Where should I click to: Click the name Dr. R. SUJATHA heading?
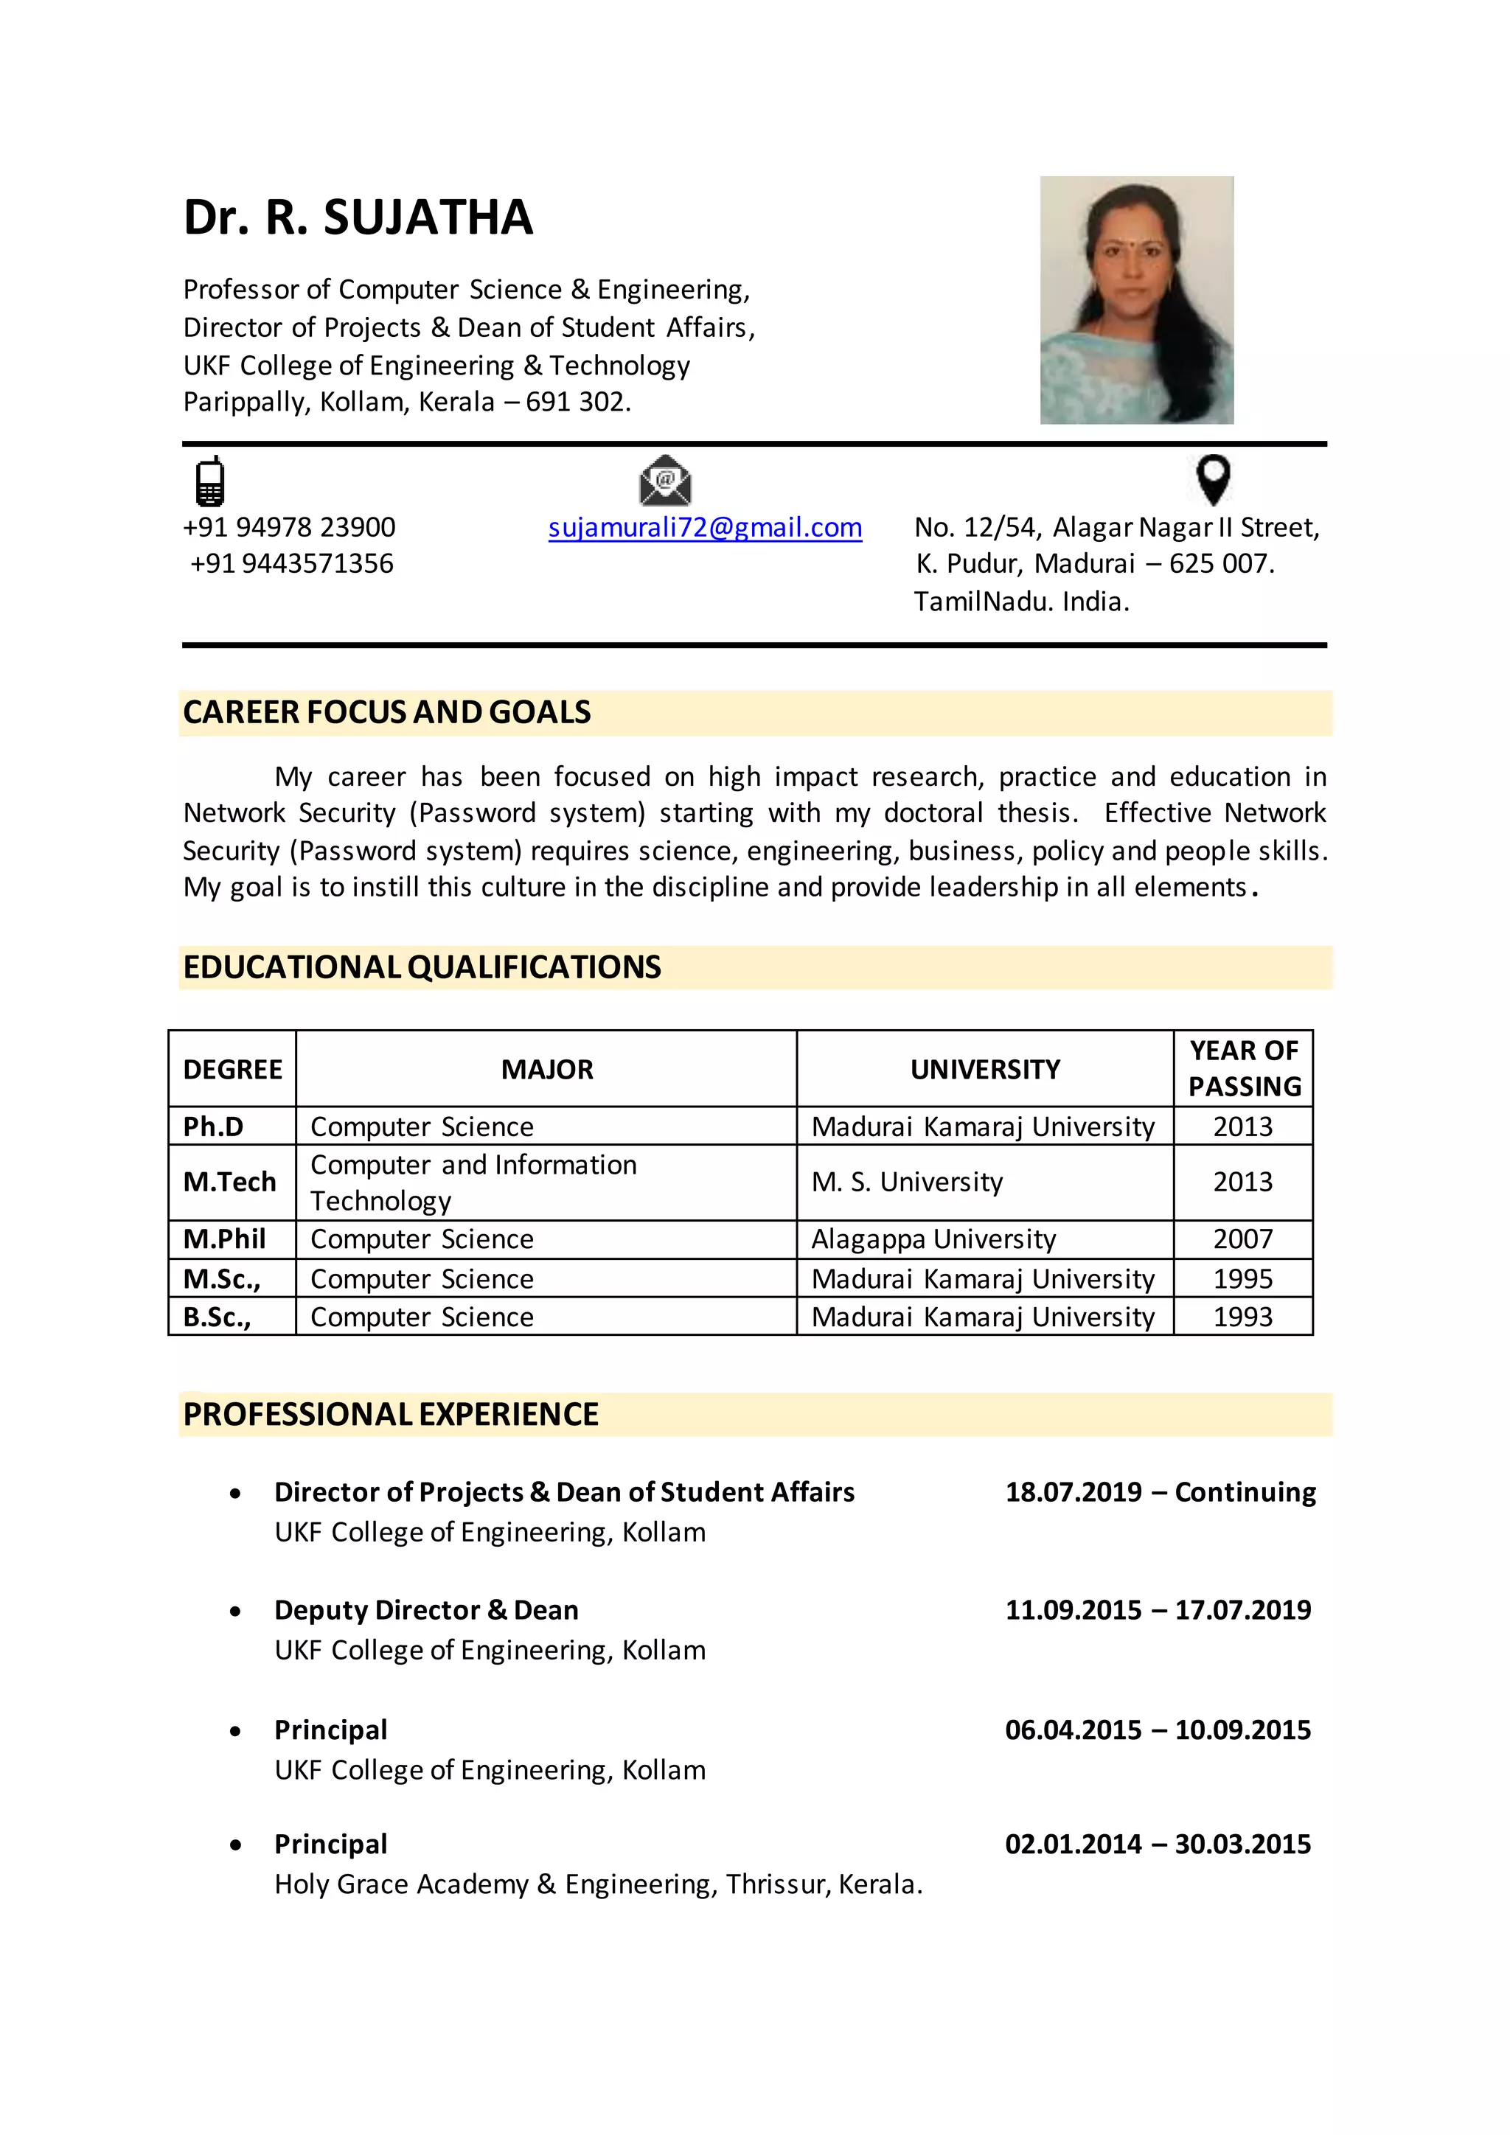pos(358,217)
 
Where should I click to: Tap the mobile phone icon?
pos(210,481)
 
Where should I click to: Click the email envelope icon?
pos(665,481)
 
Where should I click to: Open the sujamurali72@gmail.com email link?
pos(705,527)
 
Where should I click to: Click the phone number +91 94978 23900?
pos(289,527)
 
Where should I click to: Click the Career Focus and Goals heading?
pos(387,712)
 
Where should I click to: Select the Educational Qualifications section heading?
pos(422,967)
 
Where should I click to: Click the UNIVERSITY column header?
pos(984,1070)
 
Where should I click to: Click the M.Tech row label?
pos(229,1182)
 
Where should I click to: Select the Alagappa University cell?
pos(933,1239)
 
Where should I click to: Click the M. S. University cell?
pos(907,1182)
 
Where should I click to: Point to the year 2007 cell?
pos(1242,1239)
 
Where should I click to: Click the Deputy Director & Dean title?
pos(426,1611)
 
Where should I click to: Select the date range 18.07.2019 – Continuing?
pos(1160,1492)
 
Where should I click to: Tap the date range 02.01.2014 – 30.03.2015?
pos(1158,1845)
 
